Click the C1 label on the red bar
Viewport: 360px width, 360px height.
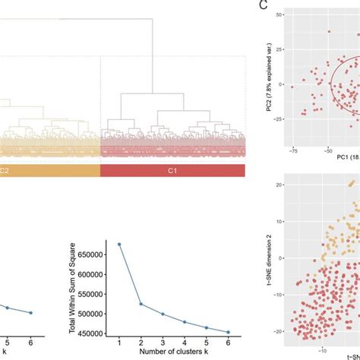[x=172, y=171]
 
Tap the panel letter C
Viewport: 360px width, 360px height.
[x=263, y=6]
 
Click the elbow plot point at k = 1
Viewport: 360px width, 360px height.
[x=119, y=244]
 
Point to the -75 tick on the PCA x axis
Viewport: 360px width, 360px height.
[x=292, y=151]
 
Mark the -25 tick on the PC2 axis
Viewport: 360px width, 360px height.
[x=275, y=119]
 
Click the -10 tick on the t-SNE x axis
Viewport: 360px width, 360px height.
[x=321, y=351]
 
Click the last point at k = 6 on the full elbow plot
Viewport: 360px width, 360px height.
[x=245, y=332]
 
